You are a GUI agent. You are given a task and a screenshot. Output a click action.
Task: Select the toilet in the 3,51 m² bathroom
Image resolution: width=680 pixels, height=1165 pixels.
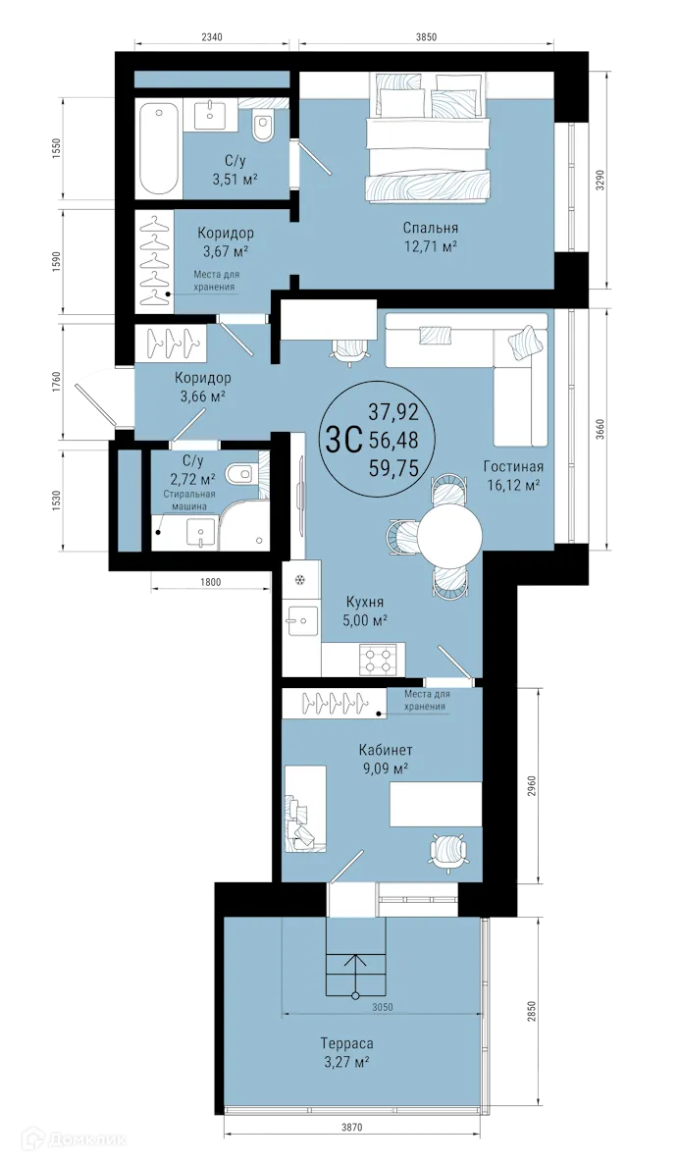[263, 129]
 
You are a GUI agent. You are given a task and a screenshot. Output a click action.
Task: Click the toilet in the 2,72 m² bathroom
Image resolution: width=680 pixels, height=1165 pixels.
[240, 474]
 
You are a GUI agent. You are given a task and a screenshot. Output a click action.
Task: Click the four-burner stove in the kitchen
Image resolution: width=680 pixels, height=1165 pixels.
[379, 658]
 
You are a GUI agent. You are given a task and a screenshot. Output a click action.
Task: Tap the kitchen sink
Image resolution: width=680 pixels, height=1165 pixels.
[299, 619]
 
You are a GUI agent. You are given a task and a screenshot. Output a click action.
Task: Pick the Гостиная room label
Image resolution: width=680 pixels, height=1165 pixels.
[512, 466]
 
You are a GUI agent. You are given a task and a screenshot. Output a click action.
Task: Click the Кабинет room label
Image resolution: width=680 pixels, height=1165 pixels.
[384, 751]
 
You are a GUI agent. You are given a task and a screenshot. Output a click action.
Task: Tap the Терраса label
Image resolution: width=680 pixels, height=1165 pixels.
[347, 1043]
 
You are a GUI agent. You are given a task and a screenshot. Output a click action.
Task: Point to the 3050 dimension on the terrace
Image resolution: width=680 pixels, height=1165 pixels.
[384, 1007]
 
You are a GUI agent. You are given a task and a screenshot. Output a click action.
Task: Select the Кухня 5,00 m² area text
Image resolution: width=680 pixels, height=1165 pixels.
[364, 620]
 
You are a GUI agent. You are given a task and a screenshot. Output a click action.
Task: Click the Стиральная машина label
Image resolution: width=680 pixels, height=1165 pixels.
[185, 500]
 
